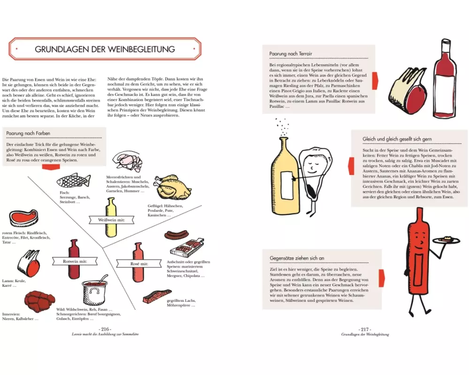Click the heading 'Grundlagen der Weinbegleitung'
tap(105, 49)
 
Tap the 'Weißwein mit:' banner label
tap(111, 220)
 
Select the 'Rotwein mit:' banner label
tap(75, 262)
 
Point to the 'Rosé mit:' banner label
tap(139, 264)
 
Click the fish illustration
tap(73, 180)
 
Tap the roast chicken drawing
tap(172, 187)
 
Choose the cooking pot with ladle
tap(94, 290)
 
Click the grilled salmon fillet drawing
tap(157, 296)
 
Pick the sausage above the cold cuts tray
tap(176, 235)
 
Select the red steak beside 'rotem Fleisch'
tap(23, 218)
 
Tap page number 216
tap(105, 329)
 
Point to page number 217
tap(365, 329)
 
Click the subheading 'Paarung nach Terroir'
tap(290, 54)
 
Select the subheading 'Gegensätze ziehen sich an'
tap(297, 258)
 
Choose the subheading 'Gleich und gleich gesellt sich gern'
tap(397, 139)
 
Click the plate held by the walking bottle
tap(447, 240)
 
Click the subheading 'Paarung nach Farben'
tap(28, 134)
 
